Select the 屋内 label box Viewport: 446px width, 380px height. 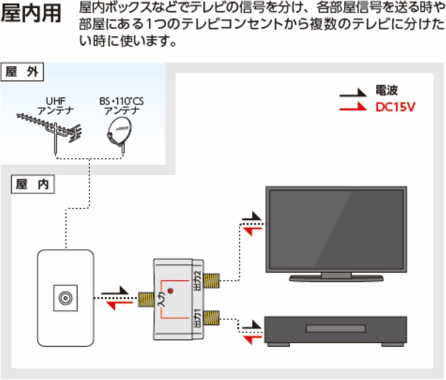32,185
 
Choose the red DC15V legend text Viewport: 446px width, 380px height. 395,107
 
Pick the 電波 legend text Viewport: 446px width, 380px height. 386,90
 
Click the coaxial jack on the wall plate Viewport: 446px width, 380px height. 65,298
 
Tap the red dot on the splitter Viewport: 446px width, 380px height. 171,291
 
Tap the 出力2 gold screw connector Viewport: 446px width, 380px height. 211,279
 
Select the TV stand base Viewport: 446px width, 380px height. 336,278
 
